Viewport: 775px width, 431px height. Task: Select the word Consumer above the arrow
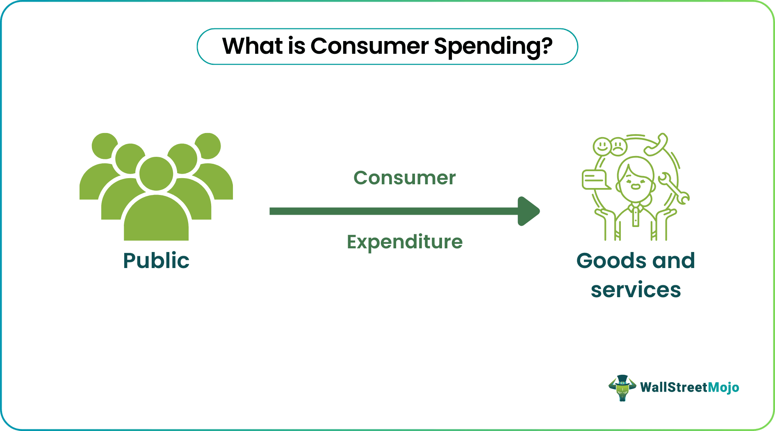(x=404, y=178)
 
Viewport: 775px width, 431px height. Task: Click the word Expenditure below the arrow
(x=404, y=242)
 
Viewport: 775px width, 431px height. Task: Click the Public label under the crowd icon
(x=156, y=261)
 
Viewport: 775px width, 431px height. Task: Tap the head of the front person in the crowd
(x=156, y=174)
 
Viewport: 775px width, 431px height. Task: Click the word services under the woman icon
(x=636, y=290)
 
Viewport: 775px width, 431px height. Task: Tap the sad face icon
(x=618, y=147)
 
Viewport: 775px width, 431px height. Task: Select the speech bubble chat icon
(x=594, y=180)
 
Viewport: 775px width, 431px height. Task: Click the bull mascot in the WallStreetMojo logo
(x=622, y=387)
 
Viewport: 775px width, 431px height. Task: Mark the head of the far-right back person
(x=208, y=146)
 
